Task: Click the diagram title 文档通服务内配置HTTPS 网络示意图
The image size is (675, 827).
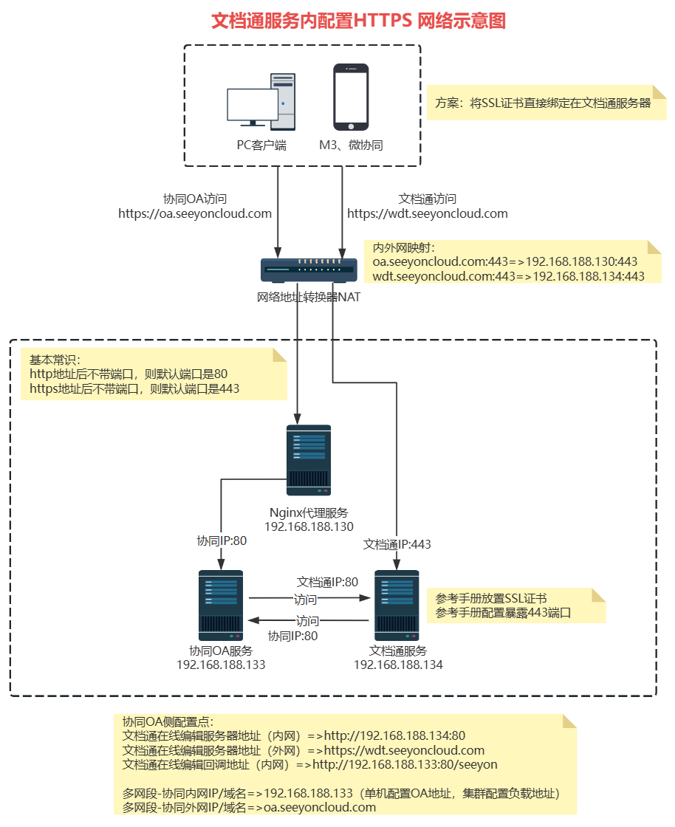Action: tap(359, 21)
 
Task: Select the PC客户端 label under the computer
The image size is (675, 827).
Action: tap(261, 145)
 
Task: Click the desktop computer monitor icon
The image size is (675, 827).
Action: tap(253, 106)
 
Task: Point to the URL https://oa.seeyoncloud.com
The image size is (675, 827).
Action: tap(195, 213)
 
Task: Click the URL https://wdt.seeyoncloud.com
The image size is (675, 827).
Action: tap(428, 213)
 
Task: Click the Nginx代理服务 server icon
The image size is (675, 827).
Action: tap(309, 460)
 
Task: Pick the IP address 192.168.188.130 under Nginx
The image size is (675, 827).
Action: tap(309, 527)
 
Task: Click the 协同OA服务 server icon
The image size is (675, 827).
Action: tap(221, 605)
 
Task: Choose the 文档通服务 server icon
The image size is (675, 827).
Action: tap(398, 605)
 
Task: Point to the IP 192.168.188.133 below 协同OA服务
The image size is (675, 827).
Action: tap(221, 665)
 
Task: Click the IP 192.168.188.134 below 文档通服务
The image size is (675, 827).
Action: tap(398, 665)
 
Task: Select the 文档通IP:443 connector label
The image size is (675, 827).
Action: tap(397, 544)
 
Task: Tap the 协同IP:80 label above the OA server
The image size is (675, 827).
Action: tap(222, 541)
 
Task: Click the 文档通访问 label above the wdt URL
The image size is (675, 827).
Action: tap(428, 199)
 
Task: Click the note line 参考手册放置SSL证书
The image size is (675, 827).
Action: tap(491, 599)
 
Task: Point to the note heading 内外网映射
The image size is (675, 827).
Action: tap(405, 248)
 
